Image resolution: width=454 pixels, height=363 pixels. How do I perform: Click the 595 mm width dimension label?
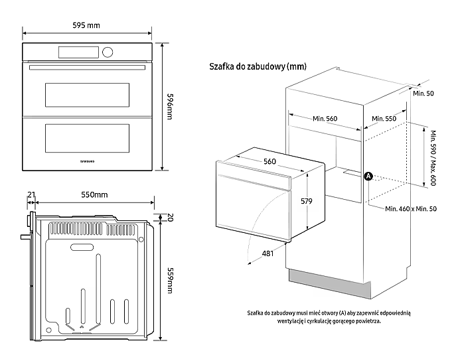click(86, 25)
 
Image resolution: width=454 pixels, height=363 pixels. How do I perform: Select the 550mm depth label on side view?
click(94, 194)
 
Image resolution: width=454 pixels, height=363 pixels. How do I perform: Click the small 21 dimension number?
click(31, 194)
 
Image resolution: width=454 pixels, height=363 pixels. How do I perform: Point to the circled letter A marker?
click(369, 177)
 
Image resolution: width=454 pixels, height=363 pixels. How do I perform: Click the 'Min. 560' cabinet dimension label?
click(325, 119)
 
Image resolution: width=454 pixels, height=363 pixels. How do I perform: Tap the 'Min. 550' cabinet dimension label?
click(384, 119)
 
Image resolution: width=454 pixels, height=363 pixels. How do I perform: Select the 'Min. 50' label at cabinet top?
click(423, 94)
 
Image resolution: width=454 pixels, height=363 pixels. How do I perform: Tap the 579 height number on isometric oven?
click(305, 200)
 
